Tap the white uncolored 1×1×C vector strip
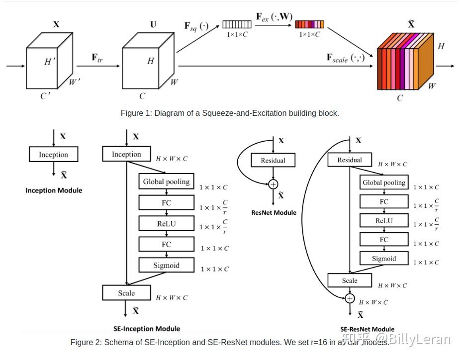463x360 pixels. (237, 24)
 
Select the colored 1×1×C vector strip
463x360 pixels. (309, 24)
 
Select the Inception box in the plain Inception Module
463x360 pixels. (53, 155)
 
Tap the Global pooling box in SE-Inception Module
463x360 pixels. (166, 181)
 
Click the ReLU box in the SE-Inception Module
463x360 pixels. (166, 224)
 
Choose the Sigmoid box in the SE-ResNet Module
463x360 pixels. (384, 259)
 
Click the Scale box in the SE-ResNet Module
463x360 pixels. (349, 280)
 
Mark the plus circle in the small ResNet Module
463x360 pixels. (273, 184)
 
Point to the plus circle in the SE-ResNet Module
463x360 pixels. (350, 298)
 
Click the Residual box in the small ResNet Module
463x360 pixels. (273, 160)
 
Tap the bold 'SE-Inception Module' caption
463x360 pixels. (147, 329)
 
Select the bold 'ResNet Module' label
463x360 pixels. (274, 213)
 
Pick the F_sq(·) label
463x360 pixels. (197, 25)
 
